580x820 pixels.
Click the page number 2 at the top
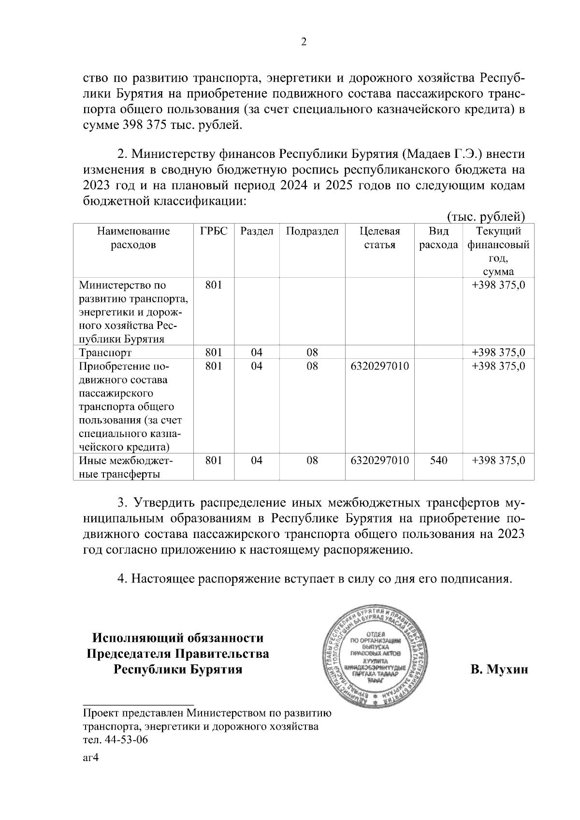pos(304,42)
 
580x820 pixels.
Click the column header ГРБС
pos(214,231)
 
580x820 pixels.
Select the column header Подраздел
pos(312,231)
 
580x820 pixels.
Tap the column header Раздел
pos(257,231)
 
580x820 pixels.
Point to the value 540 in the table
pos(438,460)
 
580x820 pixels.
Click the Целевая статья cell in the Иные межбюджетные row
pos(380,460)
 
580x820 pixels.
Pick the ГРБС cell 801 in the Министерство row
pos(214,285)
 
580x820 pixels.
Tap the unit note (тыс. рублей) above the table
pos(485,216)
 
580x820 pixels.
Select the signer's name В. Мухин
pos(499,670)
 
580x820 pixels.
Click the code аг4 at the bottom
pos(91,758)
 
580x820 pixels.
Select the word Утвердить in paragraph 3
pos(165,503)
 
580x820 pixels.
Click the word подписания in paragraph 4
pos(474,579)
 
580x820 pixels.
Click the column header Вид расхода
pos(438,238)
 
